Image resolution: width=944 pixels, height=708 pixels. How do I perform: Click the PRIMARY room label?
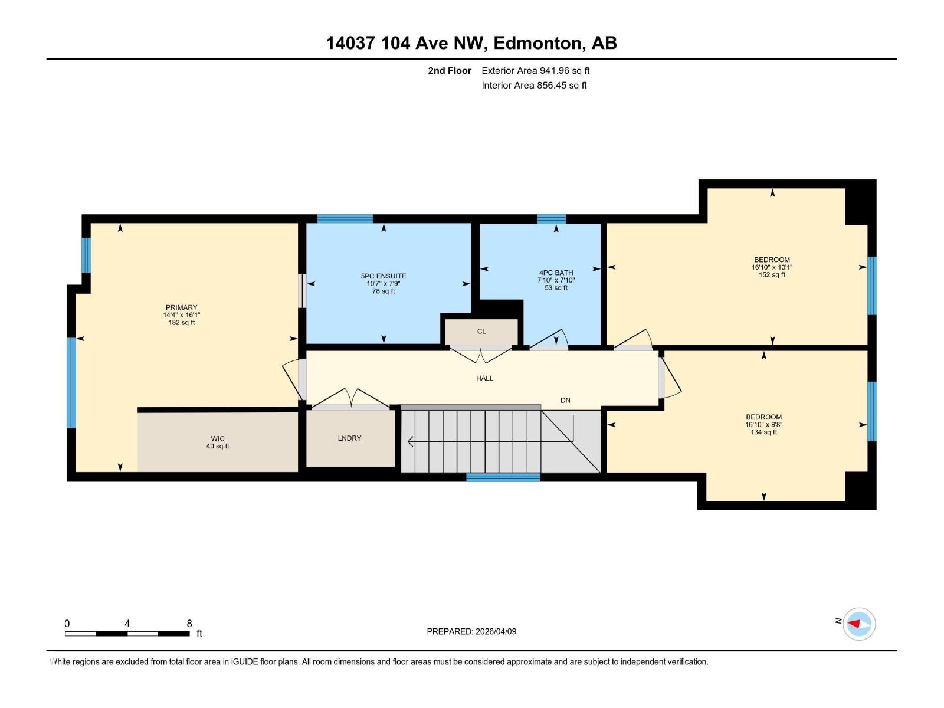[181, 307]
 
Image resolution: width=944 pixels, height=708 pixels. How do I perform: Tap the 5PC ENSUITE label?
[383, 276]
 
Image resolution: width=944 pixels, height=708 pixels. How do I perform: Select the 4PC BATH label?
[556, 273]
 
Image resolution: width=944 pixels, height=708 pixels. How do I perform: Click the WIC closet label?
[218, 439]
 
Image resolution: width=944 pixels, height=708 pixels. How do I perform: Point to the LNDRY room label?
[349, 438]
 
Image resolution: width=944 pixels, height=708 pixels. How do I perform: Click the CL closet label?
[481, 332]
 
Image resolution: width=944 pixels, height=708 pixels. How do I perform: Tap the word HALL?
[484, 378]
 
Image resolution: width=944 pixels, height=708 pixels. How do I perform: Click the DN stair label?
[565, 401]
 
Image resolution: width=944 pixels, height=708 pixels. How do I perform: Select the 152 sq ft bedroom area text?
[772, 275]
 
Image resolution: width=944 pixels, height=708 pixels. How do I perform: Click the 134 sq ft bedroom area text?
[763, 432]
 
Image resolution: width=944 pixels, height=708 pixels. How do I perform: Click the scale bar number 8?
[189, 624]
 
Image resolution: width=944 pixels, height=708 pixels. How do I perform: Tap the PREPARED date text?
[471, 631]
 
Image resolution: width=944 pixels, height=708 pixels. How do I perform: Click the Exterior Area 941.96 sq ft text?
[535, 71]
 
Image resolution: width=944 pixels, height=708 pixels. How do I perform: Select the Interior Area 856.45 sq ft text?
[534, 86]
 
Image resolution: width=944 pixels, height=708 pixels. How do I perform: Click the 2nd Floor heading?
[450, 71]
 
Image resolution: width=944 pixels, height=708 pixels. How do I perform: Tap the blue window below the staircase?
[503, 477]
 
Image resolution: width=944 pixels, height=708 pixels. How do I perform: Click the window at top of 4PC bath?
[551, 219]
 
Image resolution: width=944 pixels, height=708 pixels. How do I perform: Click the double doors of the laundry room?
[351, 399]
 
